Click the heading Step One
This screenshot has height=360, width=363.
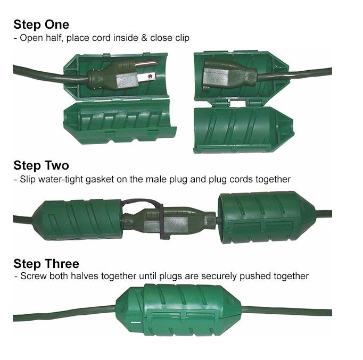[x=41, y=24]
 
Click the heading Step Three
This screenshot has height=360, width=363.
[x=46, y=264]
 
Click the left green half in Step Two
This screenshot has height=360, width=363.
[x=77, y=219]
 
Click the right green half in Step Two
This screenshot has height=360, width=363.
[x=258, y=217]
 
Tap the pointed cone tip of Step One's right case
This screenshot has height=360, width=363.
[x=290, y=69]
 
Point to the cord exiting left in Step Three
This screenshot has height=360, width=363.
[x=64, y=312]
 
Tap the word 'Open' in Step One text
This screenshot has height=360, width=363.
[x=30, y=38]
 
